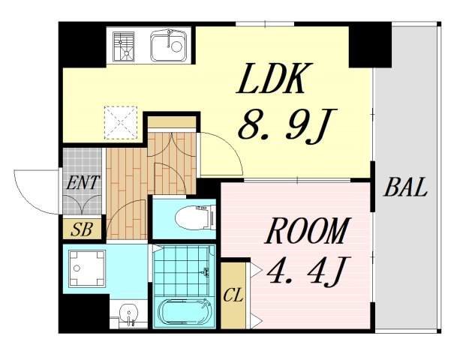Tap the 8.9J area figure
[x=287, y=126]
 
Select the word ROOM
[x=308, y=231]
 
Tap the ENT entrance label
[x=83, y=182]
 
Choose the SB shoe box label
[x=82, y=229]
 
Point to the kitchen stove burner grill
[x=124, y=46]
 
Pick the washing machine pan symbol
[x=87, y=268]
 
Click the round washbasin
[x=129, y=313]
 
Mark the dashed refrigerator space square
[x=121, y=122]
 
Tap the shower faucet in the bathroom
[x=206, y=271]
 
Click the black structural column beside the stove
[x=83, y=44]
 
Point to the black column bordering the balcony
[x=370, y=44]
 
